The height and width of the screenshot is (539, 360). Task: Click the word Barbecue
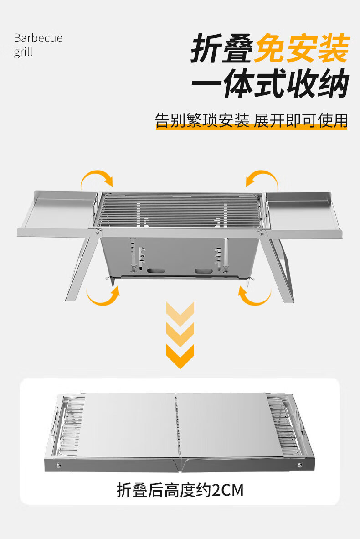point(38,38)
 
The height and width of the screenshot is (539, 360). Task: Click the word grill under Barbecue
point(23,52)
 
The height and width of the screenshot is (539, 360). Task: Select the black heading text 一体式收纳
point(270,83)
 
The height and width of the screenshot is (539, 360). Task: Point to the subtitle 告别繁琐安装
point(202,120)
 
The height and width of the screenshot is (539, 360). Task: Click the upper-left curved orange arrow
point(97,178)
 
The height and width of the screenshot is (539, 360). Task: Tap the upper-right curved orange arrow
point(262,178)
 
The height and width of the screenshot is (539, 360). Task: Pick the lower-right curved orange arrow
point(255,296)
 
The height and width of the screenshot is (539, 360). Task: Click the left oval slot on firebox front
point(155,271)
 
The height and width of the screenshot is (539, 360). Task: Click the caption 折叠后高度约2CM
point(180,490)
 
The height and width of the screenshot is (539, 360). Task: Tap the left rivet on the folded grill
point(59,465)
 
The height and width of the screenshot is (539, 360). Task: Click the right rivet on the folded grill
point(300,465)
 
